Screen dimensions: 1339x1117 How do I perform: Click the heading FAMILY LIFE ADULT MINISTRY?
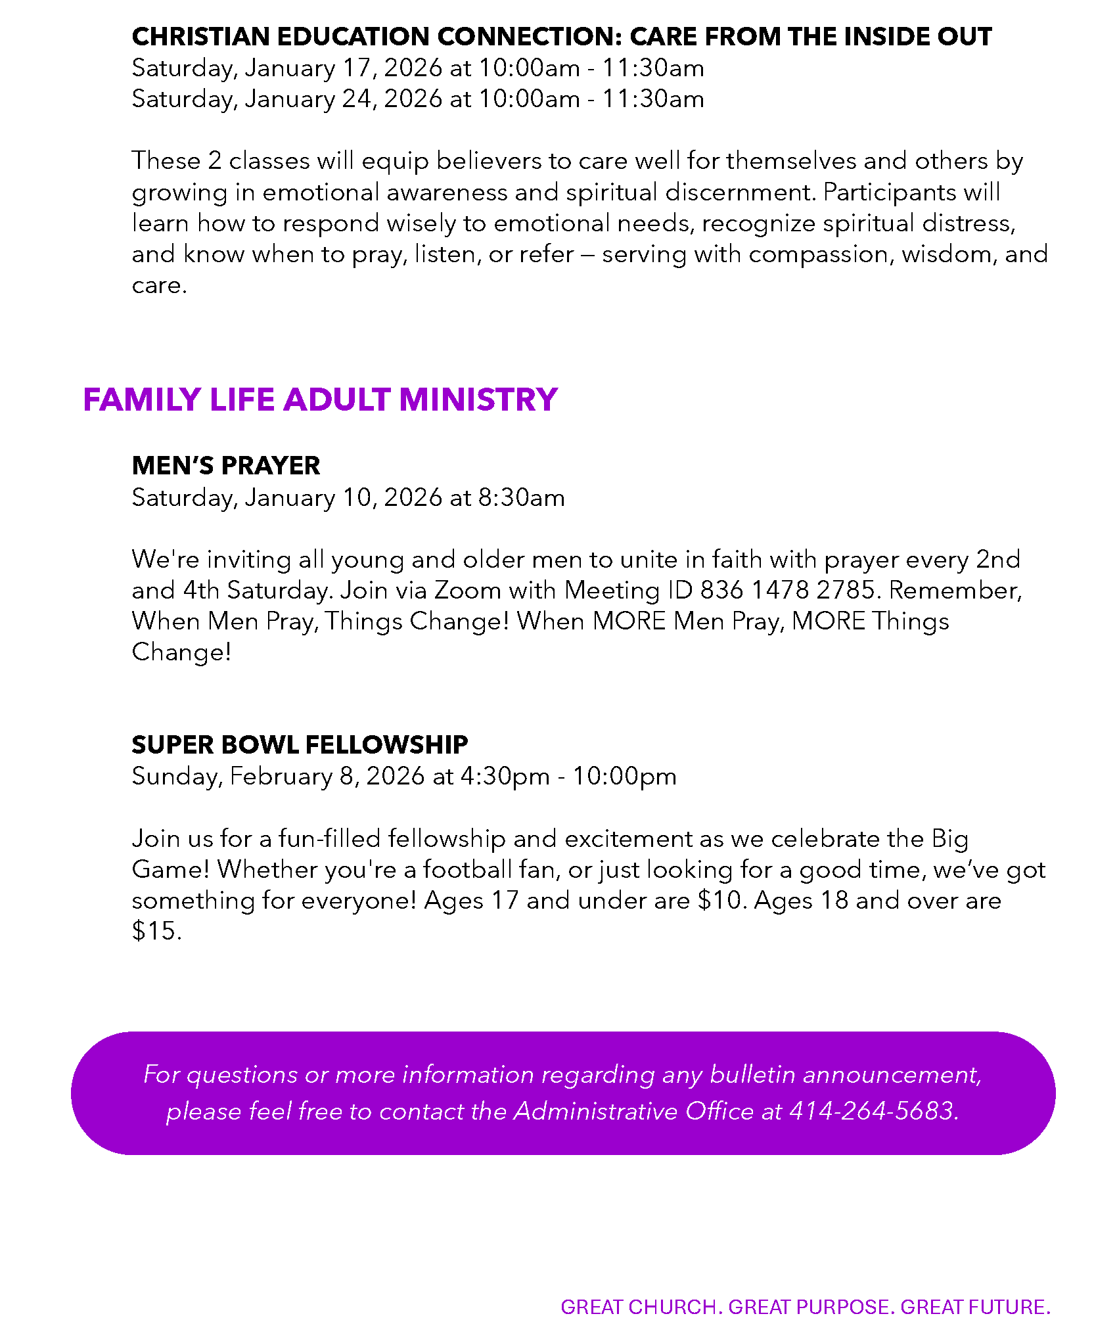point(320,399)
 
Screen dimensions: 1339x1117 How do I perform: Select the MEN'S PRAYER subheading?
point(225,466)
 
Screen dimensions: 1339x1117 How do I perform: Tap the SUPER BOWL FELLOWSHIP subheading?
point(300,744)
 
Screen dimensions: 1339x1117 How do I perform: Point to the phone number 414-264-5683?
point(872,1111)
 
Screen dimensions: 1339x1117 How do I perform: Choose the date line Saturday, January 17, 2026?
point(287,68)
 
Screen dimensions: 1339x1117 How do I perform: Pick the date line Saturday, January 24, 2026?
point(287,99)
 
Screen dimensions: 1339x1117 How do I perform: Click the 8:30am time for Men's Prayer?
point(521,498)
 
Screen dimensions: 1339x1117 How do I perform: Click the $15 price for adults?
point(154,932)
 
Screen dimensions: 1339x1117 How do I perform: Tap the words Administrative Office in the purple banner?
point(634,1111)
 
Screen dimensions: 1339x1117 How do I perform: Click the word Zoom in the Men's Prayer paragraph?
point(468,590)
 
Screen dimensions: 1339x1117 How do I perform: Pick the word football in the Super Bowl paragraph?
point(467,870)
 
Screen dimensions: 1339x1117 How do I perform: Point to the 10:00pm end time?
point(624,777)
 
